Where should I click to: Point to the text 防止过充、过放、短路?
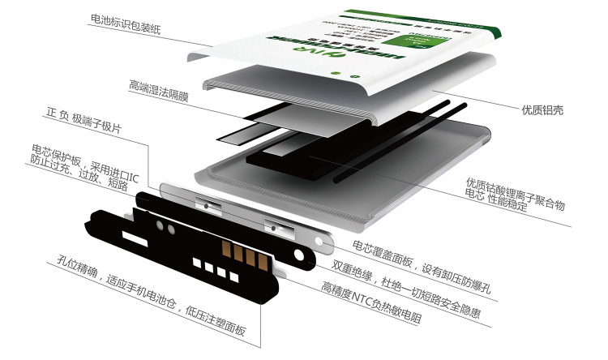pyautogui.click(x=79, y=176)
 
